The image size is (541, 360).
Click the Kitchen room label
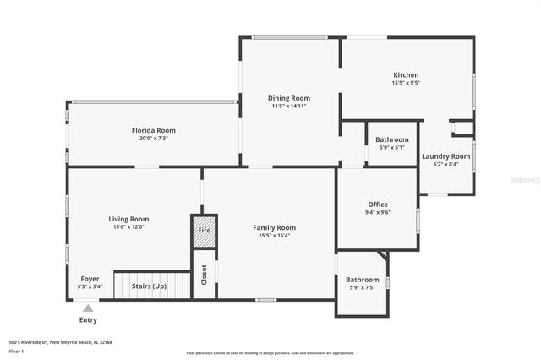pyautogui.click(x=406, y=74)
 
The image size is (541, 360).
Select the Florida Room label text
pyautogui.click(x=153, y=130)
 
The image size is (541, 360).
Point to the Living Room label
pyautogui.click(x=128, y=219)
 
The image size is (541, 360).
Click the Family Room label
pyautogui.click(x=275, y=227)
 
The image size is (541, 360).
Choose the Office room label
pyautogui.click(x=377, y=205)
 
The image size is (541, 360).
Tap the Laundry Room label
pyautogui.click(x=445, y=156)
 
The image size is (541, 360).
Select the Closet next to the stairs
pyautogui.click(x=204, y=274)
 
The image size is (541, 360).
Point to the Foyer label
pyautogui.click(x=90, y=279)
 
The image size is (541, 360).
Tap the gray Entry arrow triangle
pyautogui.click(x=88, y=308)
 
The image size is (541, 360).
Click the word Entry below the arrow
pyautogui.click(x=88, y=320)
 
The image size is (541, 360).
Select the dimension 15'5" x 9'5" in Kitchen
pyautogui.click(x=406, y=83)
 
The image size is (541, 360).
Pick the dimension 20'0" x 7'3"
pyautogui.click(x=153, y=139)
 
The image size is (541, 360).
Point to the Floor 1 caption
pyautogui.click(x=16, y=350)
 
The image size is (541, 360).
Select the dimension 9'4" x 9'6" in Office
pyautogui.click(x=377, y=213)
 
